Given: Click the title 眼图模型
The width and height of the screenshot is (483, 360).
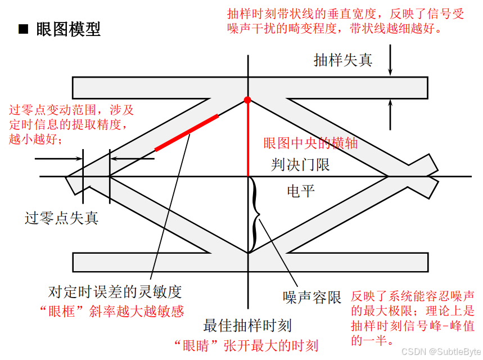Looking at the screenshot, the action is click(x=68, y=29).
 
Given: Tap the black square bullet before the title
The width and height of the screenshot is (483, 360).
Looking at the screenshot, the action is click(x=23, y=29).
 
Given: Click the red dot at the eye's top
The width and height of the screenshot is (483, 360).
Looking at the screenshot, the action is click(x=247, y=100).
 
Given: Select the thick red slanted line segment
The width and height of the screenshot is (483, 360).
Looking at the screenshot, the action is click(x=187, y=132).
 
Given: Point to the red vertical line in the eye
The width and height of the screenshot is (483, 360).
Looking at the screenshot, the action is click(x=248, y=141).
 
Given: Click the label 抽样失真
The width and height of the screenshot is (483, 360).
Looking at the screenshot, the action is click(x=343, y=60).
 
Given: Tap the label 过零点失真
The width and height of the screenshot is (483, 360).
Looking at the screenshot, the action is click(x=62, y=218).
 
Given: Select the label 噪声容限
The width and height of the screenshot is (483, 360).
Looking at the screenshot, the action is click(x=312, y=298).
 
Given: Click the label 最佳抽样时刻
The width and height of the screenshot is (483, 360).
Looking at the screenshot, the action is click(x=247, y=325).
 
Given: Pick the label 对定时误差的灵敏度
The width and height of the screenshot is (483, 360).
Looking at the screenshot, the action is click(x=115, y=292).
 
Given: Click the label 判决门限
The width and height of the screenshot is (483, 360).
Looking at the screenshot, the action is click(x=300, y=165).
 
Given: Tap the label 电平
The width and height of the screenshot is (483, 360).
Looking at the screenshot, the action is click(x=300, y=191).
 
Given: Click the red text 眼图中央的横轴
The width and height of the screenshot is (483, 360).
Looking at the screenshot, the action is click(x=310, y=143).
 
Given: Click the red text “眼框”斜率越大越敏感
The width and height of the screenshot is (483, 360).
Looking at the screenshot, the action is click(x=112, y=311).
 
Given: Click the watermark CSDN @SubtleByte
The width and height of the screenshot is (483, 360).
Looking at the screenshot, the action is click(x=446, y=352).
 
